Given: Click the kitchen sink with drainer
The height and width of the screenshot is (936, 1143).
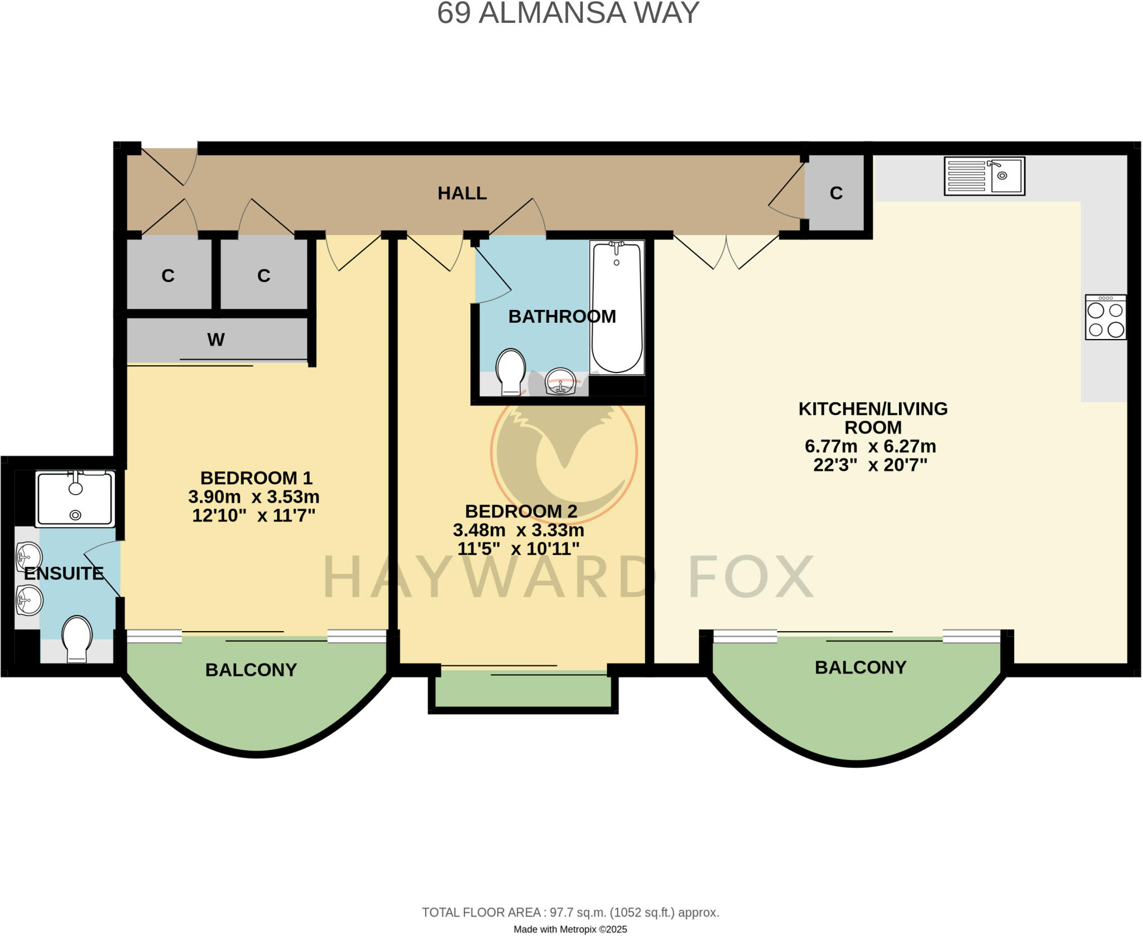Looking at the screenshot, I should tap(984, 176).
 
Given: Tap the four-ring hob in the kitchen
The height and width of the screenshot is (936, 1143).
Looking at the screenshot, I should tap(1105, 317).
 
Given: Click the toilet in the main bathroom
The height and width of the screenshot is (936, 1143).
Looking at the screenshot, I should tap(510, 371).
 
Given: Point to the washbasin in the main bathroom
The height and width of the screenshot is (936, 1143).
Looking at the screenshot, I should tap(560, 381).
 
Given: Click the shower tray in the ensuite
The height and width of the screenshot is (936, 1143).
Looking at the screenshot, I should tap(75, 499).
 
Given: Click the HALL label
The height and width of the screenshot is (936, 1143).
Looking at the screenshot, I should tap(462, 193).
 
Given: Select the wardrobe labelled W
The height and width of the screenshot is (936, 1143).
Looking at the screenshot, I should tap(216, 340).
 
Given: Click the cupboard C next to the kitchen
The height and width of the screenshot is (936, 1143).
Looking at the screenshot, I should tap(835, 193).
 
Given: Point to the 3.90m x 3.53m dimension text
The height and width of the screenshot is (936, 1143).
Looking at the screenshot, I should tap(253, 496).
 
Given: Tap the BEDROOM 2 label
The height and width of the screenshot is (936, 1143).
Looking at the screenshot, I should tap(521, 511).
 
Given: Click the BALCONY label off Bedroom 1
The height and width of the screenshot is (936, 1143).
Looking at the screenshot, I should tap(251, 670).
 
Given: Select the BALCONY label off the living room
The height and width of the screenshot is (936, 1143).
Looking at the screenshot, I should tap(860, 667).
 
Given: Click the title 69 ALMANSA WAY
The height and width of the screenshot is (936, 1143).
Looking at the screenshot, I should tap(568, 13).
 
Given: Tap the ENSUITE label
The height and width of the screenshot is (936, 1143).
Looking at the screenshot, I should tap(64, 574).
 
